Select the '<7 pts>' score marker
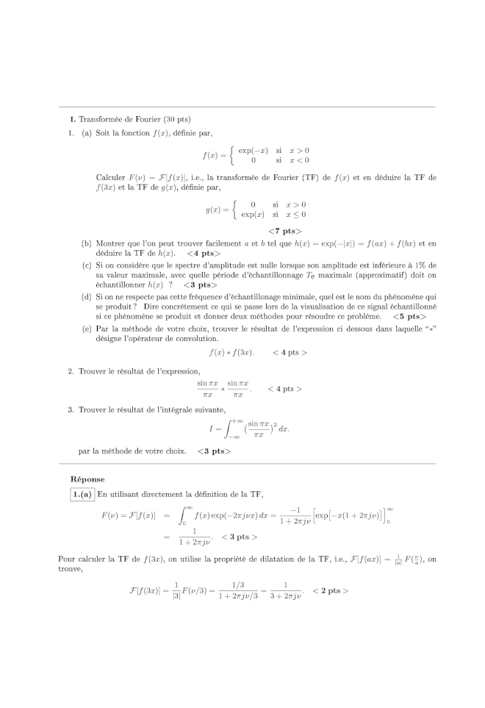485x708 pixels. click(281, 231)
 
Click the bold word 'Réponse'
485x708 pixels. click(87, 479)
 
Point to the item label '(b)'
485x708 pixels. click(87, 243)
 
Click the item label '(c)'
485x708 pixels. click(87, 265)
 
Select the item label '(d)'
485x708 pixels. click(87, 296)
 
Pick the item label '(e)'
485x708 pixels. click(87, 328)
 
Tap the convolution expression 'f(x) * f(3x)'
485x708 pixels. click(231, 353)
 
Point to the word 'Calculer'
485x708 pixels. click(110, 178)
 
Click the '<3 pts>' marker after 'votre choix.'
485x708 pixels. click(214, 451)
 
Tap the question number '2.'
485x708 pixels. click(71, 371)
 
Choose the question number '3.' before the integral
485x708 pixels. click(71, 410)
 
